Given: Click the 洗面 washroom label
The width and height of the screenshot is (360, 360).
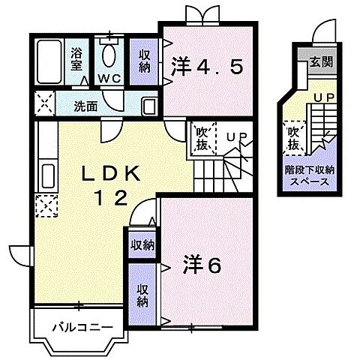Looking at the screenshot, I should [x=85, y=106].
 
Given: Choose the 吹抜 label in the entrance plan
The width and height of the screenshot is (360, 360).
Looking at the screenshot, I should [x=295, y=136].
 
